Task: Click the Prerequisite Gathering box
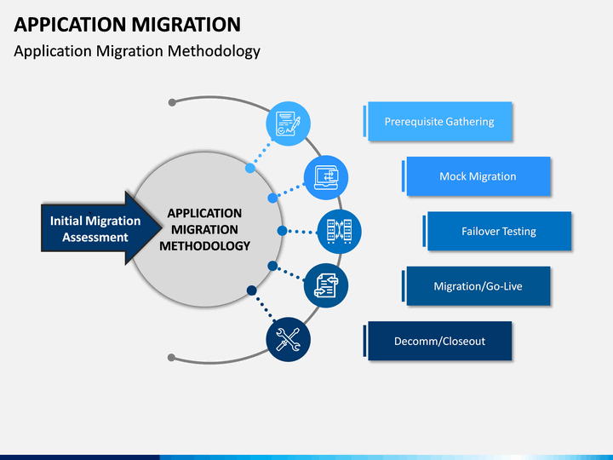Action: coord(440,121)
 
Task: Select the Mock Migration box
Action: coord(478,176)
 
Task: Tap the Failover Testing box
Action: coord(499,231)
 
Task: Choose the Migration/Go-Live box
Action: coord(478,286)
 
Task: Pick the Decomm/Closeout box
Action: coord(440,341)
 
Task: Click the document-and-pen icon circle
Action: coord(288,124)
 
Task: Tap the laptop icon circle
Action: coord(326,177)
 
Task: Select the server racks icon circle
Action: coord(339,232)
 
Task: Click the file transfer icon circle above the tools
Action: coord(326,285)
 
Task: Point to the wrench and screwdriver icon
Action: coord(288,340)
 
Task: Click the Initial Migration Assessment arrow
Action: coord(101,228)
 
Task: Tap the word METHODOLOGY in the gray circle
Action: coord(204,246)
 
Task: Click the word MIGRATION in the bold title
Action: coord(186,24)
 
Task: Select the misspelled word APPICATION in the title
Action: coord(70,24)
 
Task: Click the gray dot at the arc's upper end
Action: coord(172,102)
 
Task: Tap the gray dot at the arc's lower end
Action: coord(171,358)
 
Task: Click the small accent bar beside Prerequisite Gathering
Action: coord(364,121)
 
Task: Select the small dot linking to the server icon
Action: coord(282,231)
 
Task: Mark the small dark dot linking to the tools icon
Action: coord(252,290)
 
